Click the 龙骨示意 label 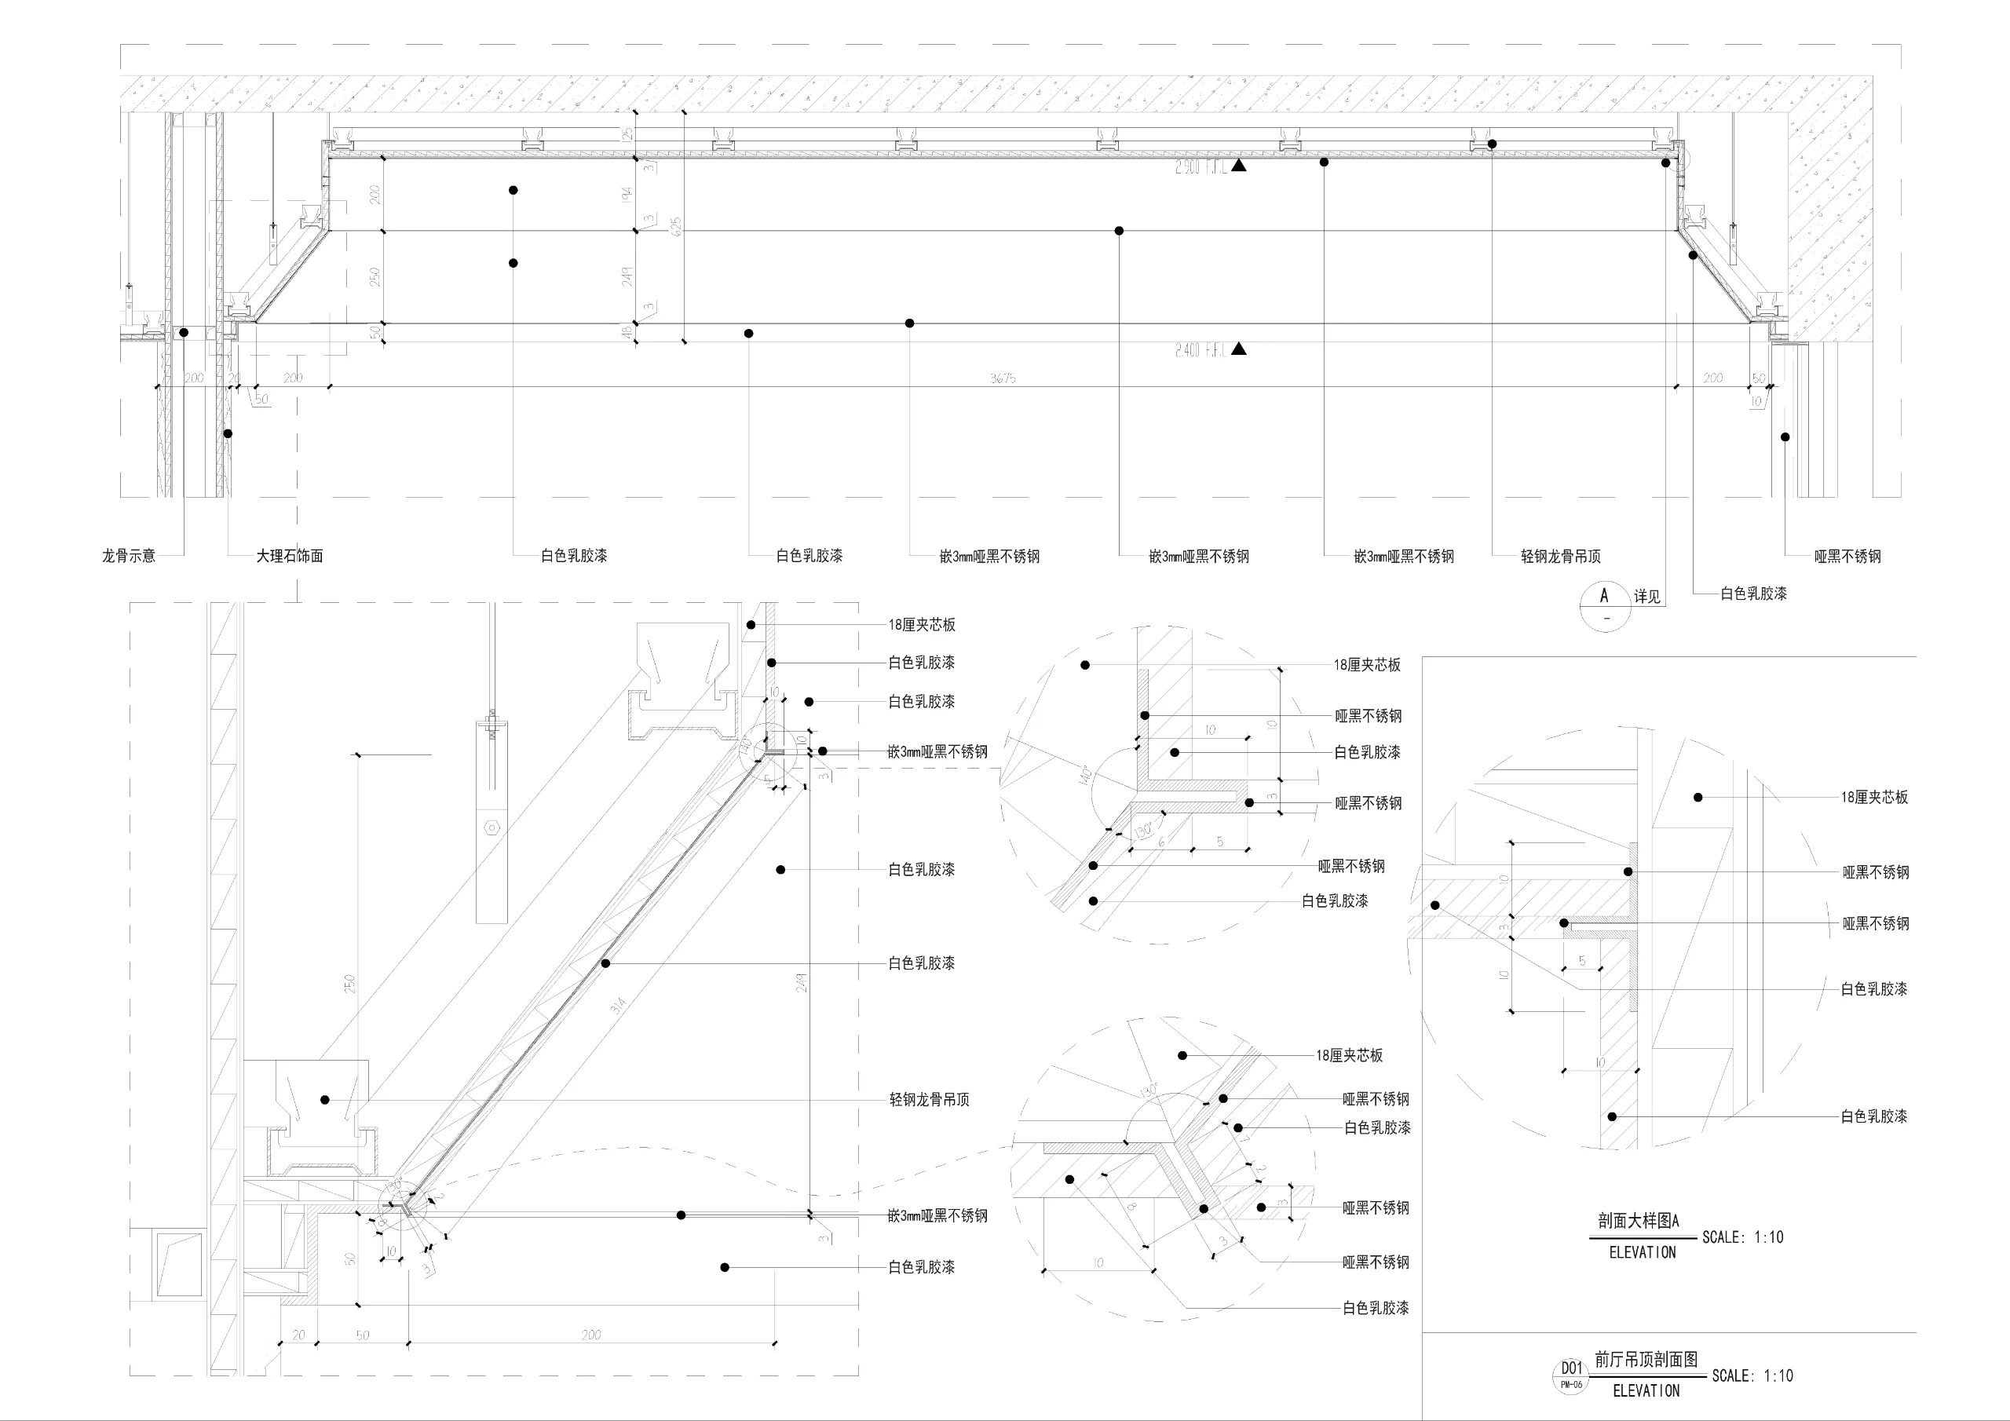pyautogui.click(x=129, y=556)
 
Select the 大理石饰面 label pyautogui.click(x=289, y=556)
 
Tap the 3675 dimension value pyautogui.click(x=1003, y=378)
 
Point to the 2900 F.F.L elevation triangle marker pyautogui.click(x=1239, y=166)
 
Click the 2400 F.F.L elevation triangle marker pyautogui.click(x=1239, y=349)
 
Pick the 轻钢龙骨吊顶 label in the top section pyautogui.click(x=1561, y=556)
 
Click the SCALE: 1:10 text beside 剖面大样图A pyautogui.click(x=1742, y=1237)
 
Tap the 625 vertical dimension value pyautogui.click(x=676, y=226)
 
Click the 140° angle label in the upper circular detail pyautogui.click(x=1084, y=776)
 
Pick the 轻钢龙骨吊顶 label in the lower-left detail pyautogui.click(x=929, y=1100)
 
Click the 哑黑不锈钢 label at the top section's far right pyautogui.click(x=1847, y=556)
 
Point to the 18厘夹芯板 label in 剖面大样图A pyautogui.click(x=1874, y=798)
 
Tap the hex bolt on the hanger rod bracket pyautogui.click(x=492, y=827)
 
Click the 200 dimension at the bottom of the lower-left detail pyautogui.click(x=591, y=1335)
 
